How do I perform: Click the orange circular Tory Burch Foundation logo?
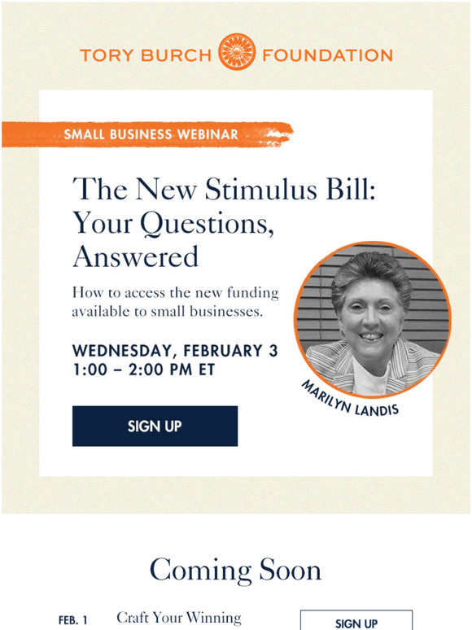coord(237,51)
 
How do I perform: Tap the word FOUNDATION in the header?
coord(327,55)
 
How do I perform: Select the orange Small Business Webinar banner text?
coord(151,134)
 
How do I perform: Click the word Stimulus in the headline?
coord(260,189)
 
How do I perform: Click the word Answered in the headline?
coord(136,256)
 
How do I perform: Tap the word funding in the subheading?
coord(252,292)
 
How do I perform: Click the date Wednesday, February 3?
coord(175,351)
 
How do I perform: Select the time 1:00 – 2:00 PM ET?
coord(144,370)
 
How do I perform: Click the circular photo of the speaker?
coord(373,319)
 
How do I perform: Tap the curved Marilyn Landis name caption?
coord(349,399)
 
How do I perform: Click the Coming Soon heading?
coord(235,570)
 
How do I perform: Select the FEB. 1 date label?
coord(72,620)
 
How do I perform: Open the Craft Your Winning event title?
coord(179,618)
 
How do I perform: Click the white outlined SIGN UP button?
coord(356,620)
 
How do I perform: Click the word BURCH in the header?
coord(177,55)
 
